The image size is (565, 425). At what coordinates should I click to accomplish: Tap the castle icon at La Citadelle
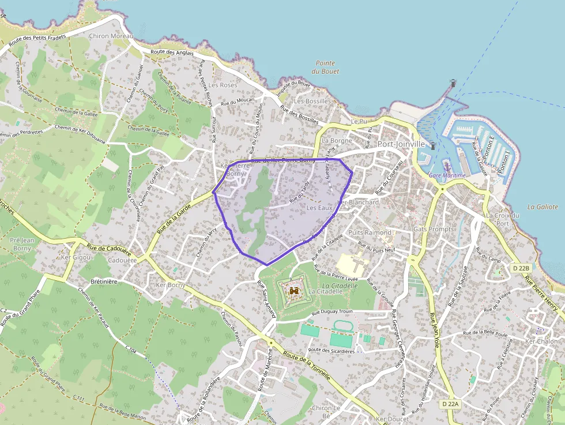(x=293, y=292)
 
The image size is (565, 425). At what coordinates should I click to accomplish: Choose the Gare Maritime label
(x=447, y=175)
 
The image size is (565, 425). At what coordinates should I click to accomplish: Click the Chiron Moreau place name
(x=111, y=36)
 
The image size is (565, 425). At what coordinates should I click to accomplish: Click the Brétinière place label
(x=104, y=281)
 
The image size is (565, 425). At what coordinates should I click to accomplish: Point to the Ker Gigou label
(x=76, y=257)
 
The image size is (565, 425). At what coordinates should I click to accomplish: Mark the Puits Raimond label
(x=370, y=232)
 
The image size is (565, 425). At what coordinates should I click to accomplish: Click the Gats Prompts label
(x=434, y=229)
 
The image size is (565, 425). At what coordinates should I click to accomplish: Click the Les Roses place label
(x=223, y=85)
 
